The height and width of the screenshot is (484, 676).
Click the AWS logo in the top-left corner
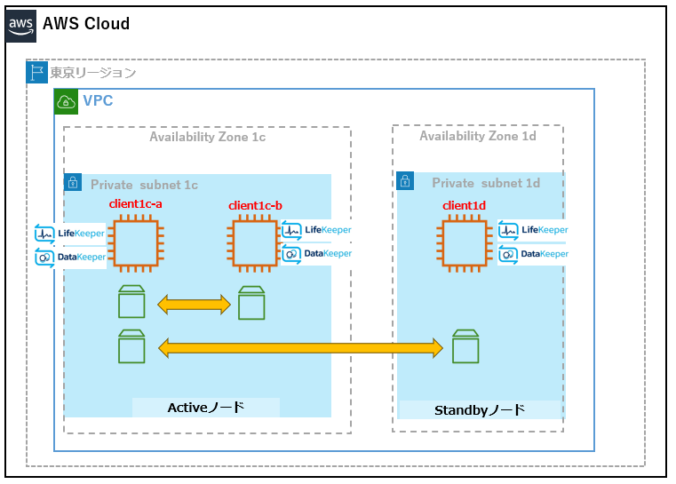22,25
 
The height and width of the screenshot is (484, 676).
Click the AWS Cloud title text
86,24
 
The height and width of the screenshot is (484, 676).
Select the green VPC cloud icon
67,101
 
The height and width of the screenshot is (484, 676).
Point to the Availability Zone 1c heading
207,137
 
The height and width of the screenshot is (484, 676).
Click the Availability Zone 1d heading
477,136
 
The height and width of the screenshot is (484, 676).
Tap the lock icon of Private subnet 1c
74,184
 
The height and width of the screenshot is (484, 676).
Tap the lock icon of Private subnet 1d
406,183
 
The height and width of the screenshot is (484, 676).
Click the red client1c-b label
255,206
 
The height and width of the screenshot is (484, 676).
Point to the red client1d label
465,206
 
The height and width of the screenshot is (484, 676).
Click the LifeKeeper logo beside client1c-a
70,234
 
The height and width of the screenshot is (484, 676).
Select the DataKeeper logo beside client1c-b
317,253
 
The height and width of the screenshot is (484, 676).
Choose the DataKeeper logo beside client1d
533,253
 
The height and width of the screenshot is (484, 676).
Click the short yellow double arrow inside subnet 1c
194,305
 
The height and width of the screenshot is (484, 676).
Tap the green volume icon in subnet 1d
465,346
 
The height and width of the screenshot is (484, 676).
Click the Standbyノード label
480,410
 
